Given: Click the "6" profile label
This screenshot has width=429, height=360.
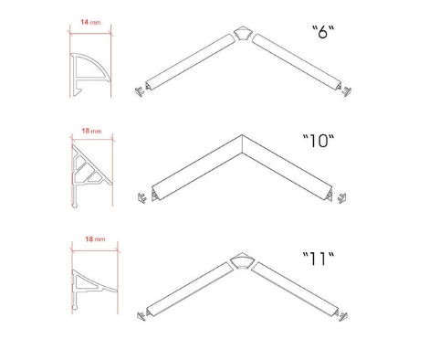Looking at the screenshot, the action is tap(323, 32).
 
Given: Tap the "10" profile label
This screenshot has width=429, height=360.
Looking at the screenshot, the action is tap(319, 141).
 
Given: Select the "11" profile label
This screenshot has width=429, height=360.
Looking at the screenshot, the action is tap(319, 259).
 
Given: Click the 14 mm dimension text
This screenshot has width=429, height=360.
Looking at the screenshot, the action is tap(90, 22).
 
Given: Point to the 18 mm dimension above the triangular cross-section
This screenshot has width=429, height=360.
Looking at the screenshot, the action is tap(91, 131).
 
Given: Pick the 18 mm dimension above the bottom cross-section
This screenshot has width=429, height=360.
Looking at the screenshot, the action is tap(95, 239).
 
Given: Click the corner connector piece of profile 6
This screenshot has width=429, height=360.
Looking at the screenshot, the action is tap(243, 33).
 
